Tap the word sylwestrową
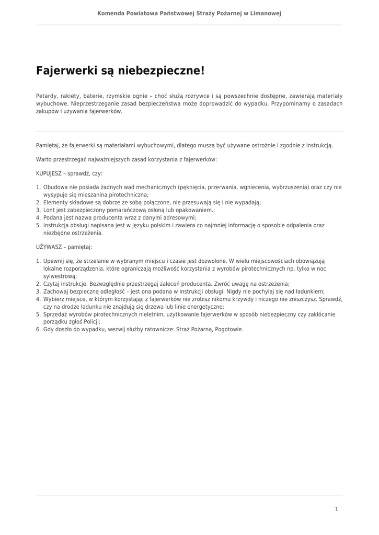pos(60,276)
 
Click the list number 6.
pos(38,330)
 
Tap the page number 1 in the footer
pos(336,508)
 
